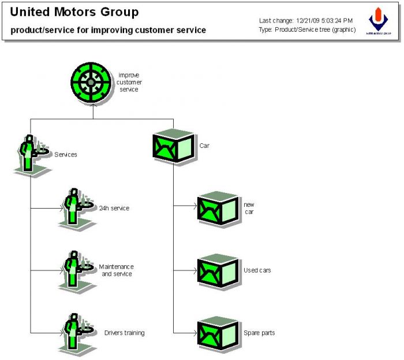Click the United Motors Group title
pos(74,12)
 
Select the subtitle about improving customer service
pos(108,30)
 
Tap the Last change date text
pos(305,21)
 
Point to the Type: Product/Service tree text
pos(307,29)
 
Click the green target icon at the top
pos(91,83)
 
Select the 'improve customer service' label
pos(129,82)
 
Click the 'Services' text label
pos(65,154)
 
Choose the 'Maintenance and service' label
pos(116,270)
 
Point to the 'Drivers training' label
pos(124,333)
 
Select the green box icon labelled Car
pos(173,146)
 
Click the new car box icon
pos(218,208)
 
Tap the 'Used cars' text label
pos(257,270)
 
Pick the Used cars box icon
pos(218,270)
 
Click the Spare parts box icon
pos(218,333)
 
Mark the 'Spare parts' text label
pos(259,333)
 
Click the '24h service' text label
pos(114,208)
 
